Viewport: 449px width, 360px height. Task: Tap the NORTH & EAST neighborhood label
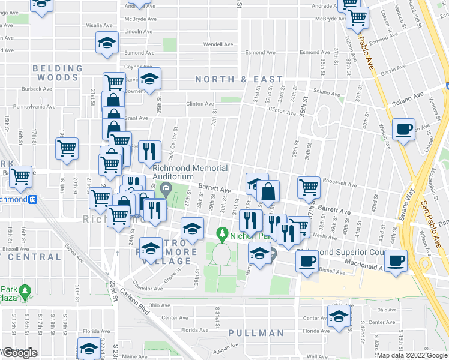[238, 79]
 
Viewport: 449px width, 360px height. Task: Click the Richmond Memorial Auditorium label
[181, 172]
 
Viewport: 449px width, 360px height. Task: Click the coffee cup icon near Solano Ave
[404, 129]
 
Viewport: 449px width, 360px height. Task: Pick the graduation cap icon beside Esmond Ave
[107, 43]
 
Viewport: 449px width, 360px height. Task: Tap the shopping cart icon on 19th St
[67, 148]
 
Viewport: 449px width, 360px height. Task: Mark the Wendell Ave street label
[217, 44]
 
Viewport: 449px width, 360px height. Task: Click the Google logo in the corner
[19, 353]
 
